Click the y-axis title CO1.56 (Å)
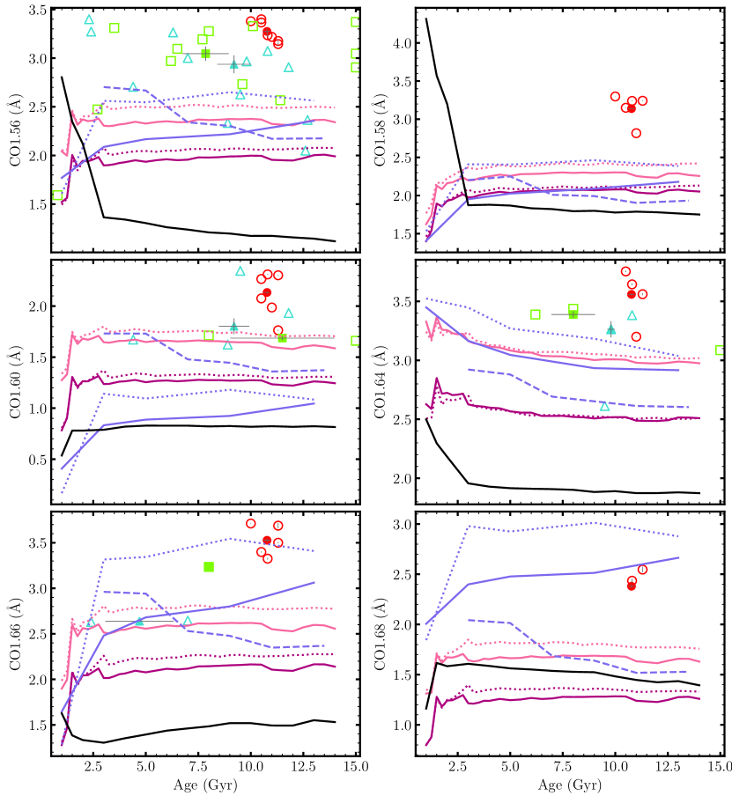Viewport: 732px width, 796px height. (x=15, y=129)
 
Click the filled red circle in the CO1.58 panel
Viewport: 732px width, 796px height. (x=632, y=108)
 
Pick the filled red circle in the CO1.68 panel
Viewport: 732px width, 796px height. (x=632, y=586)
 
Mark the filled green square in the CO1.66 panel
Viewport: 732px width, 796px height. (x=209, y=566)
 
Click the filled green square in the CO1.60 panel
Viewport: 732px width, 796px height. (x=282, y=338)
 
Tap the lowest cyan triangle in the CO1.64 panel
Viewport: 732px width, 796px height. (x=604, y=406)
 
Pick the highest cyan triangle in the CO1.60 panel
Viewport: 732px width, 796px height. (x=240, y=271)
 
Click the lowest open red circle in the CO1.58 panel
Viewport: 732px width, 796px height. (x=636, y=133)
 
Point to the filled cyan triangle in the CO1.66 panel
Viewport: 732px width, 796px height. (x=139, y=621)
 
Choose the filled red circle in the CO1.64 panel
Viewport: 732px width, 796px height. (x=632, y=294)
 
